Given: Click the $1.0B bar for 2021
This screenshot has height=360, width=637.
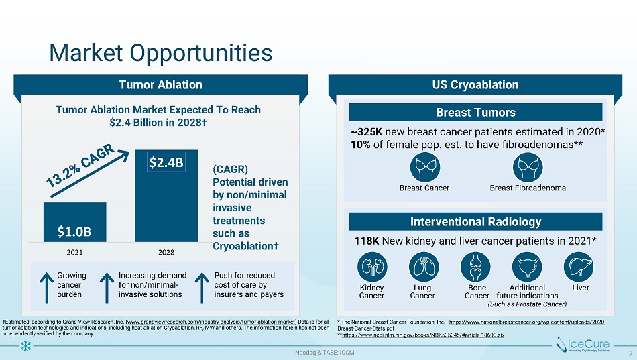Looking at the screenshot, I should point(74,222).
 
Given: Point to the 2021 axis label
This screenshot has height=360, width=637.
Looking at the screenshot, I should point(74,251).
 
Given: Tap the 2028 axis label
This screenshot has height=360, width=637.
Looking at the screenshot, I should point(166,251).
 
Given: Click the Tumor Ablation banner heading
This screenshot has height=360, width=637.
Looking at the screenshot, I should point(161,84).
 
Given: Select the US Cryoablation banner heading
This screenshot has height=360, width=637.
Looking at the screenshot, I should point(477,84).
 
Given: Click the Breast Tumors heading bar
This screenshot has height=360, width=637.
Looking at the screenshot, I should point(477,113).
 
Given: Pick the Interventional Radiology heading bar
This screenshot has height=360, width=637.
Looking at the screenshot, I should point(477,221).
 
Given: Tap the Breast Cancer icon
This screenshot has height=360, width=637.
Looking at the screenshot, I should point(423,166).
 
